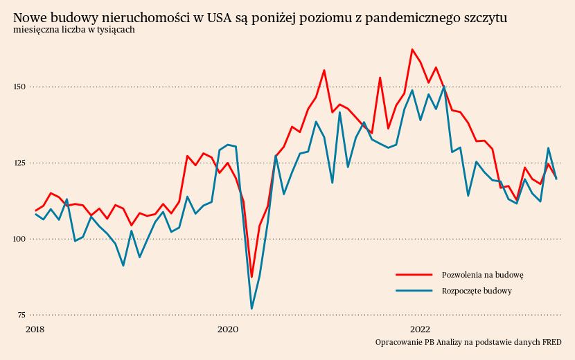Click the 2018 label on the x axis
pyautogui.click(x=35, y=329)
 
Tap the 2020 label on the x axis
pyautogui.click(x=228, y=329)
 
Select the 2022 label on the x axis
pyautogui.click(x=421, y=329)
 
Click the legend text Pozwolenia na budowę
pyautogui.click(x=482, y=275)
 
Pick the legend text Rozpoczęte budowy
pyautogui.click(x=477, y=291)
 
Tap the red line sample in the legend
pyautogui.click(x=414, y=275)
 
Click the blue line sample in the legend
pyautogui.click(x=414, y=291)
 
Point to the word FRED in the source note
pyautogui.click(x=551, y=342)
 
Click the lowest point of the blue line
pyautogui.click(x=251, y=309)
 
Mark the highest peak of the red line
pyautogui.click(x=412, y=49)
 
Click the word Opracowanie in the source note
pyautogui.click(x=398, y=342)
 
